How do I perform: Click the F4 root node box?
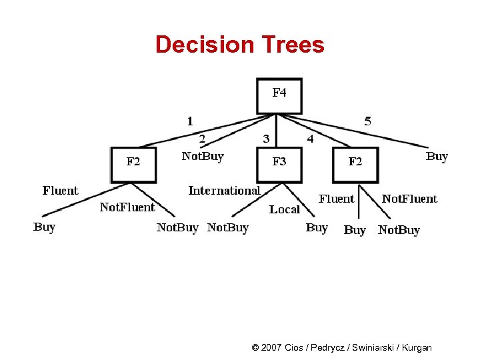pyautogui.click(x=279, y=96)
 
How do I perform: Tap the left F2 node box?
pyautogui.click(x=133, y=164)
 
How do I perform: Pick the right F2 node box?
pyautogui.click(x=355, y=164)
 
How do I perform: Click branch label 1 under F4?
pyautogui.click(x=191, y=121)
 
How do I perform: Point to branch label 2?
pyautogui.click(x=202, y=139)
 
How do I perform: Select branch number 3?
pyautogui.click(x=266, y=139)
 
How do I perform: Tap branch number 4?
pyautogui.click(x=309, y=139)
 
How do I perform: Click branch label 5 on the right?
pyautogui.click(x=368, y=121)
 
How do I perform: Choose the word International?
pyautogui.click(x=224, y=191)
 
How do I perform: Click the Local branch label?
pyautogui.click(x=285, y=209)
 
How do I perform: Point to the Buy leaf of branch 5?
pyautogui.click(x=437, y=156)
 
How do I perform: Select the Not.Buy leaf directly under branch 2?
pyautogui.click(x=203, y=156)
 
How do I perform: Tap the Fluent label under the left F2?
pyautogui.click(x=60, y=191)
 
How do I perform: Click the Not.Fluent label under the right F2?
pyautogui.click(x=409, y=199)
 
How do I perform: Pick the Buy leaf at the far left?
pyautogui.click(x=44, y=227)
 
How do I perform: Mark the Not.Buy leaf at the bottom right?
pyautogui.click(x=399, y=230)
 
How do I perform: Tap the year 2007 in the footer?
pyautogui.click(x=272, y=347)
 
